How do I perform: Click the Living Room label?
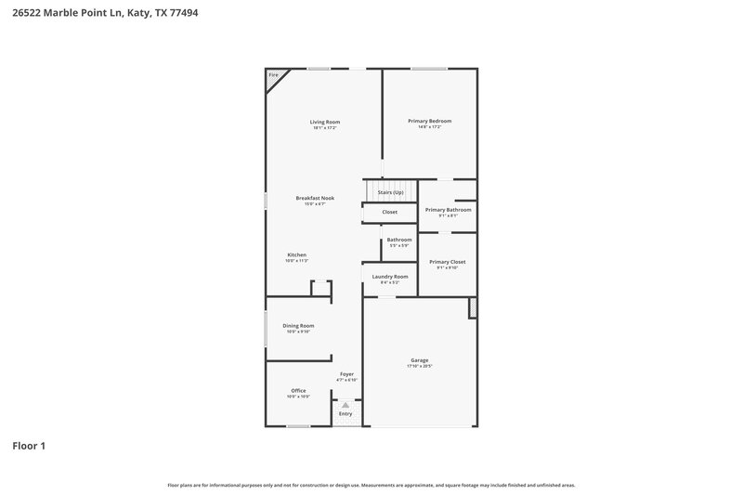[x=325, y=122]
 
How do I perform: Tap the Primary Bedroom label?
[x=429, y=121]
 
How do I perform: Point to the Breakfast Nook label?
[x=315, y=198]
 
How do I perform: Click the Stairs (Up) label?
[x=390, y=192]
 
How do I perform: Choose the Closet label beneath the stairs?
[x=389, y=212]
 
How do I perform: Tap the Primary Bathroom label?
[x=448, y=210]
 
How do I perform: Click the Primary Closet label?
[x=448, y=262]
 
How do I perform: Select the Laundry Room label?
[x=389, y=276]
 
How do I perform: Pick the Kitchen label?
[x=296, y=254]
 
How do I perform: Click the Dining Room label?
[x=298, y=326]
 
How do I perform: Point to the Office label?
[x=298, y=390]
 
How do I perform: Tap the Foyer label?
[x=345, y=374]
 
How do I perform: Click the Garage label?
[x=420, y=360]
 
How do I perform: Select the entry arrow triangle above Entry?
[x=345, y=405]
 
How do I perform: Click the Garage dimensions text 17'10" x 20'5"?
[x=420, y=367]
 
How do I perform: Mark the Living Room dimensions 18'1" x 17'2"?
[x=325, y=127]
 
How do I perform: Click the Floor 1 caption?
[x=29, y=447]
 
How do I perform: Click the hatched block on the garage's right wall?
[x=472, y=307]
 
